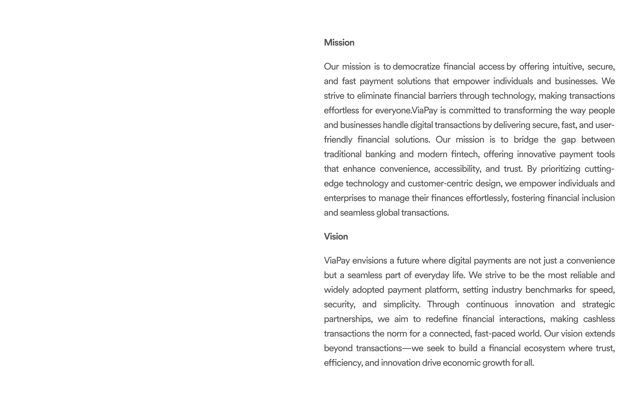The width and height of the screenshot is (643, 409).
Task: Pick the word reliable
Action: [x=583, y=275]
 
